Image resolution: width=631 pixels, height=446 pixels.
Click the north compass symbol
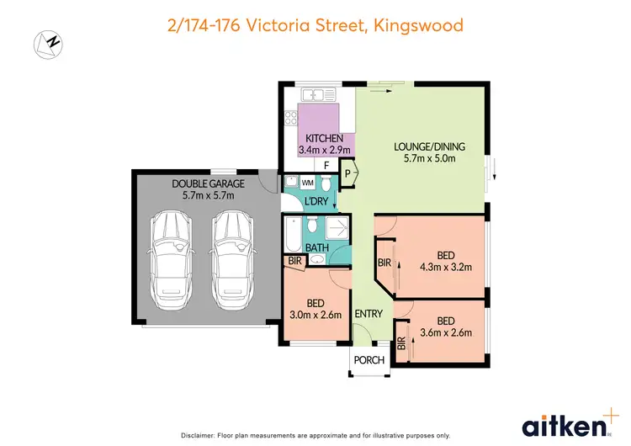tap(47, 43)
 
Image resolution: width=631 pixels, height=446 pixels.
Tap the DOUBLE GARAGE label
tap(208, 183)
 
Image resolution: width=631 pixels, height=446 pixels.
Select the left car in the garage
tap(170, 259)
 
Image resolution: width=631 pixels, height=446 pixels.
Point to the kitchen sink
tap(320, 93)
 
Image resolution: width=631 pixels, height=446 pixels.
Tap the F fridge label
tap(326, 165)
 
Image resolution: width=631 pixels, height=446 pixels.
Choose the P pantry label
tap(347, 174)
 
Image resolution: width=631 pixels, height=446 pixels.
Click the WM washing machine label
tap(307, 182)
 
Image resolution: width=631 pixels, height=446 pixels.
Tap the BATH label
tap(316, 248)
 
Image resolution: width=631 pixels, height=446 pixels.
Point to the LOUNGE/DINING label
tap(429, 146)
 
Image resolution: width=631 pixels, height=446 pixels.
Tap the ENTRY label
tap(369, 314)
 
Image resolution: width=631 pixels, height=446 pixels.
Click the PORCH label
tap(369, 360)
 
